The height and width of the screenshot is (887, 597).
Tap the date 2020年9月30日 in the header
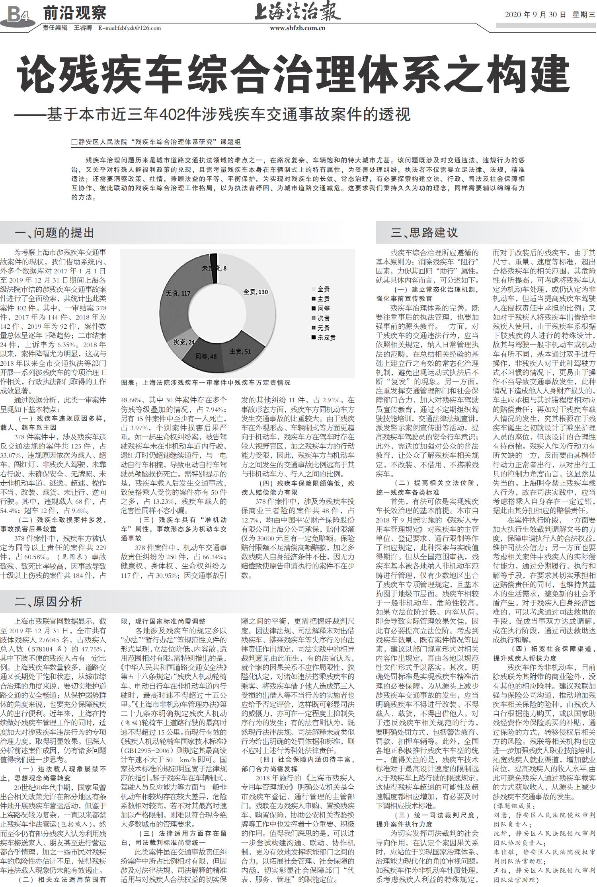535,15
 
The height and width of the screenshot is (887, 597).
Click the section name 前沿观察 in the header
75,13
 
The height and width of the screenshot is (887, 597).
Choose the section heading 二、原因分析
48,601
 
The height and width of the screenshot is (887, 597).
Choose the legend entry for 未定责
324,337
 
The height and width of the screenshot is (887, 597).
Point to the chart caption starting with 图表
205,382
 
